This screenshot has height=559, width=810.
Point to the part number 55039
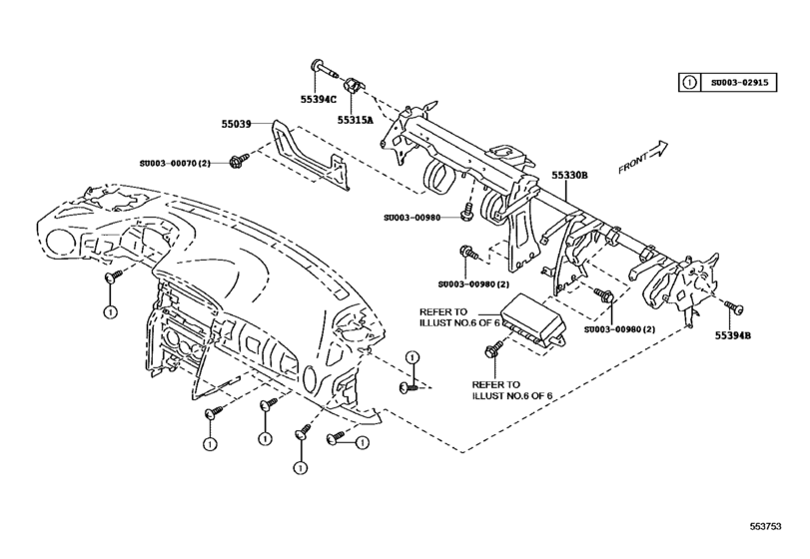239,125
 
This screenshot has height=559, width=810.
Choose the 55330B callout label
570,176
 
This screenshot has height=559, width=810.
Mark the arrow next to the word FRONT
657,149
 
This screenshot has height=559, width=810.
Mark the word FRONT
633,163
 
